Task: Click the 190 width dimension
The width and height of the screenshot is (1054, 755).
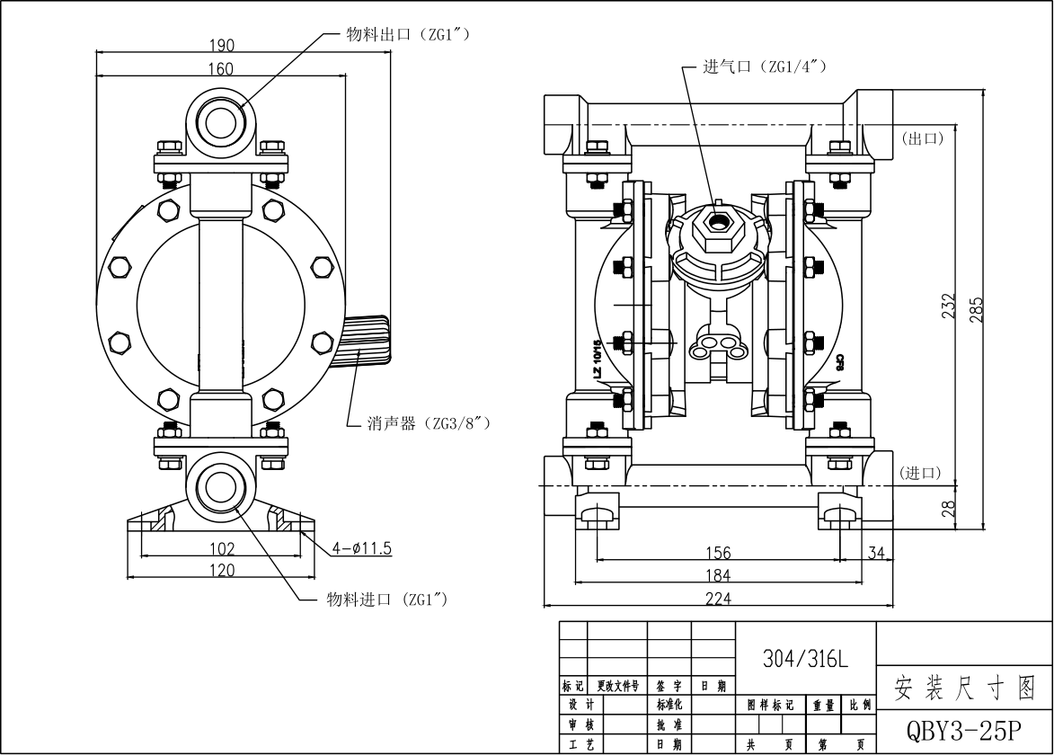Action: (222, 45)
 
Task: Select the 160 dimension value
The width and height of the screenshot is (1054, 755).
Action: (221, 69)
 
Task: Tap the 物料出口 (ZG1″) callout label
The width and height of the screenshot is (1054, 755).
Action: (409, 34)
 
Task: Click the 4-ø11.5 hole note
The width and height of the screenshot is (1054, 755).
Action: (363, 546)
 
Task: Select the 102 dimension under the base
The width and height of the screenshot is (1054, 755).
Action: (222, 548)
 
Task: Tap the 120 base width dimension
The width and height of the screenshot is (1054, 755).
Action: (222, 570)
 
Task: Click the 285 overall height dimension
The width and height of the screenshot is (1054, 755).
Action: (977, 308)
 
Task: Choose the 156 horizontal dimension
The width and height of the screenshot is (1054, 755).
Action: (718, 553)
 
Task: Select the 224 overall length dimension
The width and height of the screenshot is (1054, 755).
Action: (718, 598)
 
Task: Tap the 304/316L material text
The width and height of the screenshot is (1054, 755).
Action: (805, 659)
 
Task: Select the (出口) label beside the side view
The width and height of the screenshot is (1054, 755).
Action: (921, 138)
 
